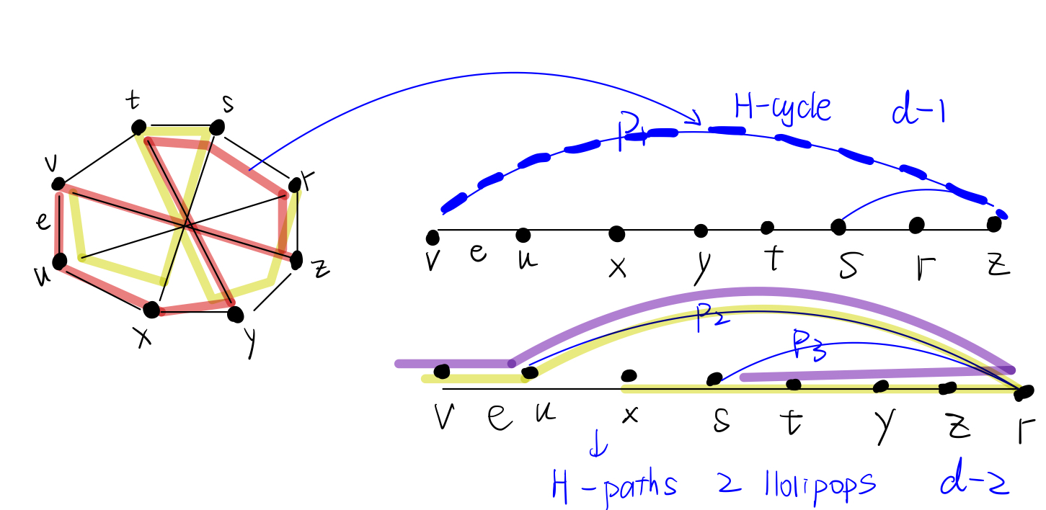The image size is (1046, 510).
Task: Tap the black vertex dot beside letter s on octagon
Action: (217, 127)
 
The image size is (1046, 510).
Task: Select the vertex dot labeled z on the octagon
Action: (296, 260)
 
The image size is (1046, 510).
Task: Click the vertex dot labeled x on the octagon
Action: (151, 310)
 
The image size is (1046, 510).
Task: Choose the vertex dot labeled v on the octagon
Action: (59, 184)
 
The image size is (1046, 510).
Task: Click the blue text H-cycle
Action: (782, 108)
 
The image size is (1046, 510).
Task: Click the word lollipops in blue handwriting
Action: (815, 484)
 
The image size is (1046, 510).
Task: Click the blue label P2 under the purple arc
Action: (711, 321)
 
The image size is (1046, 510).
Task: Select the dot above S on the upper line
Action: (838, 227)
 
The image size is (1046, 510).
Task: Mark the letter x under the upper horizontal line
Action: (617, 267)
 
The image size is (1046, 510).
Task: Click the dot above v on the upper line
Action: (433, 236)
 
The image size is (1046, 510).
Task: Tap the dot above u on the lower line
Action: (530, 372)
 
